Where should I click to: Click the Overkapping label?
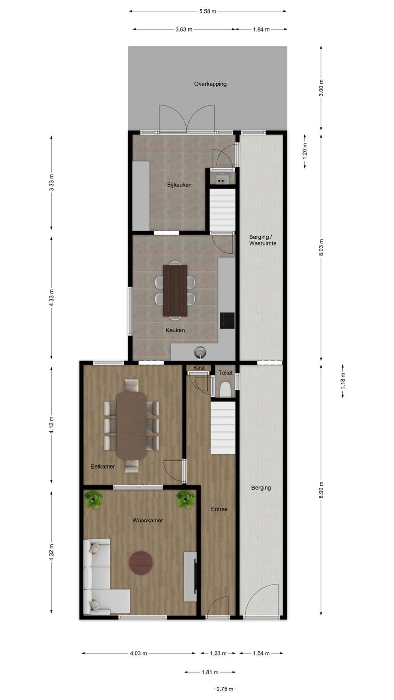tap(210, 84)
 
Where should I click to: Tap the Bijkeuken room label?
tap(179, 185)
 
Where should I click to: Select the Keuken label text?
tap(175, 330)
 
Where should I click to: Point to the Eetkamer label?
tap(103, 466)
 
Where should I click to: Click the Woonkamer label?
tap(148, 520)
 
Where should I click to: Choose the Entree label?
tap(219, 509)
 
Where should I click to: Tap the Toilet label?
tap(225, 372)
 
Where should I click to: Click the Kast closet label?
tap(199, 367)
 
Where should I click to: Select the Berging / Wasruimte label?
tap(263, 240)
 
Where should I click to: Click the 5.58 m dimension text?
tap(208, 11)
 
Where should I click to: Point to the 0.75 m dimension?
tap(225, 689)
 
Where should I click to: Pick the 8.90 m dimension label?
tap(321, 490)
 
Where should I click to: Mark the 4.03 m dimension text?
tap(138, 653)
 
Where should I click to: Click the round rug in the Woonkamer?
tap(141, 563)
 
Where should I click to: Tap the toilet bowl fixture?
tap(225, 390)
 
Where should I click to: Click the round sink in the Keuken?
tap(200, 353)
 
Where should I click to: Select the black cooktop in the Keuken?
tap(227, 321)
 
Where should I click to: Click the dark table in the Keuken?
tap(175, 290)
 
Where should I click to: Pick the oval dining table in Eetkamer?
tap(131, 426)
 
